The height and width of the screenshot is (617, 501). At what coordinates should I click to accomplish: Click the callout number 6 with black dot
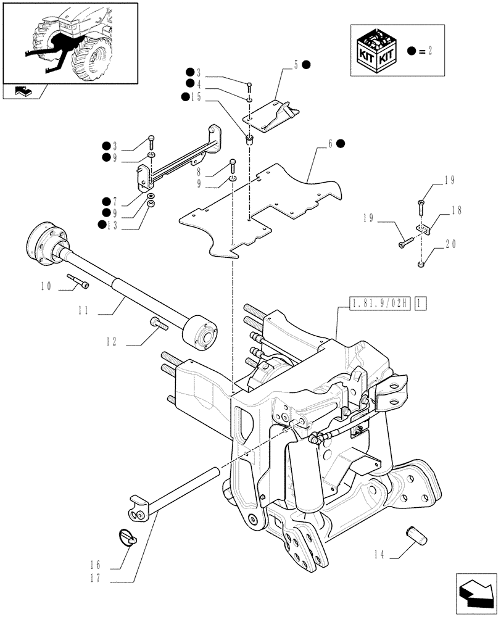click(331, 143)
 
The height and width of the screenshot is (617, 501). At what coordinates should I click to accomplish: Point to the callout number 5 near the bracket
click(296, 65)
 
